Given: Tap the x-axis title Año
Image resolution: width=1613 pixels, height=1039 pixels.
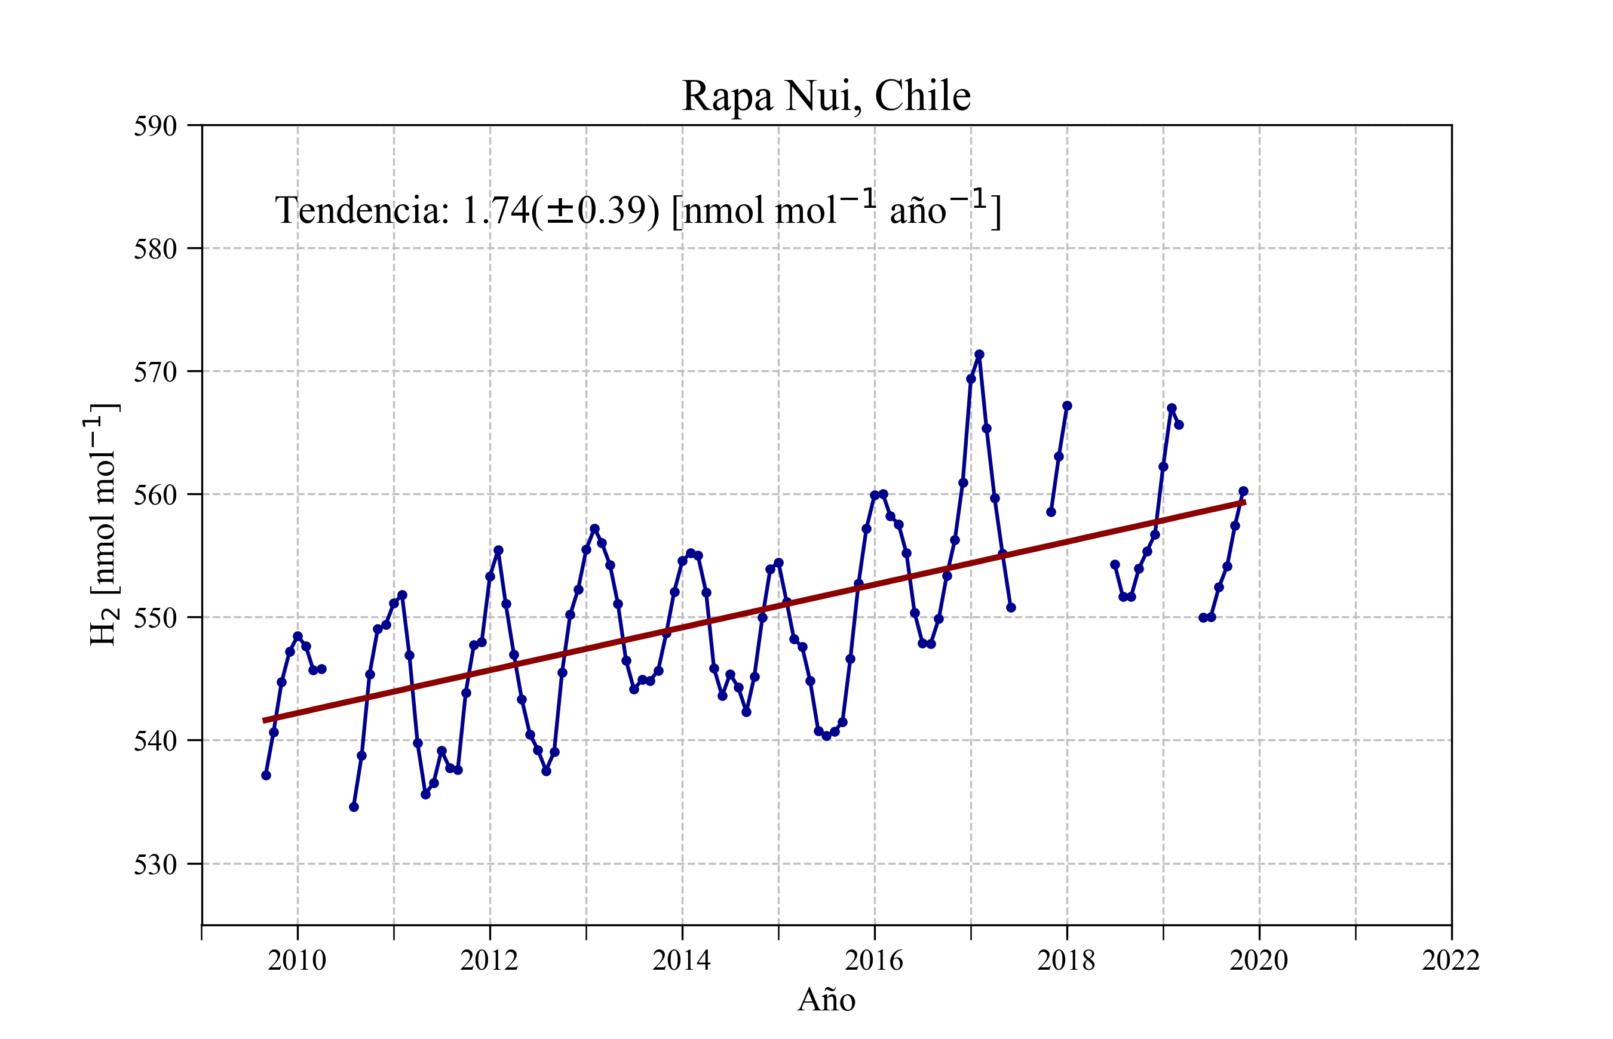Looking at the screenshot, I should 826,1000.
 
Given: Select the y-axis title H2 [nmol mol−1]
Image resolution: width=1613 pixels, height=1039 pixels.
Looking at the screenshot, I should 103,524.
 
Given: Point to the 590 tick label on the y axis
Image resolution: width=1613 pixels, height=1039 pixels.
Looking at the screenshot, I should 155,126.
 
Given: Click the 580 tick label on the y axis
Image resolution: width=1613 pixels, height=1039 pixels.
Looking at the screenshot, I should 155,249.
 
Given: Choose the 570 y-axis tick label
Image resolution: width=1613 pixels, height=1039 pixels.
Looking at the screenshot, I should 155,372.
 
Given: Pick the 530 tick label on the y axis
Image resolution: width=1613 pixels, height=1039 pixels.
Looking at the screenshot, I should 155,864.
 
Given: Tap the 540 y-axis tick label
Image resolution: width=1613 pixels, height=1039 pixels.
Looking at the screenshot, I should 155,741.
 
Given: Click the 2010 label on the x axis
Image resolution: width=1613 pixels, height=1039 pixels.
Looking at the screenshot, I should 297,960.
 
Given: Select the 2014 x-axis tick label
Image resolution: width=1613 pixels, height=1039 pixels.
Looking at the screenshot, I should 682,960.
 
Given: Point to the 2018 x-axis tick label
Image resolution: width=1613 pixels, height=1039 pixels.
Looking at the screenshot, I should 1066,960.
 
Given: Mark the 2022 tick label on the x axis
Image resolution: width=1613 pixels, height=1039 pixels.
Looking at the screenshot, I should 1451,960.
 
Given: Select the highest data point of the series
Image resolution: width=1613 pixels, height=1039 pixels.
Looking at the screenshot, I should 979,355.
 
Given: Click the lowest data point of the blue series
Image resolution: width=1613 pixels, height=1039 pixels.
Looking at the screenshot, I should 354,807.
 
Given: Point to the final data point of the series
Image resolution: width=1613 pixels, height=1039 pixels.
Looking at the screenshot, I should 1243,491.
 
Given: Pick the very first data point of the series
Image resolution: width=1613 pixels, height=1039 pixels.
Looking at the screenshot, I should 266,775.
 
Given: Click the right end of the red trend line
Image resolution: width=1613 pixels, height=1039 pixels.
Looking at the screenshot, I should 1244,503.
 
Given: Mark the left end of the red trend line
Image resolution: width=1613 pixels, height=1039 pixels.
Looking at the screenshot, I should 264,721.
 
